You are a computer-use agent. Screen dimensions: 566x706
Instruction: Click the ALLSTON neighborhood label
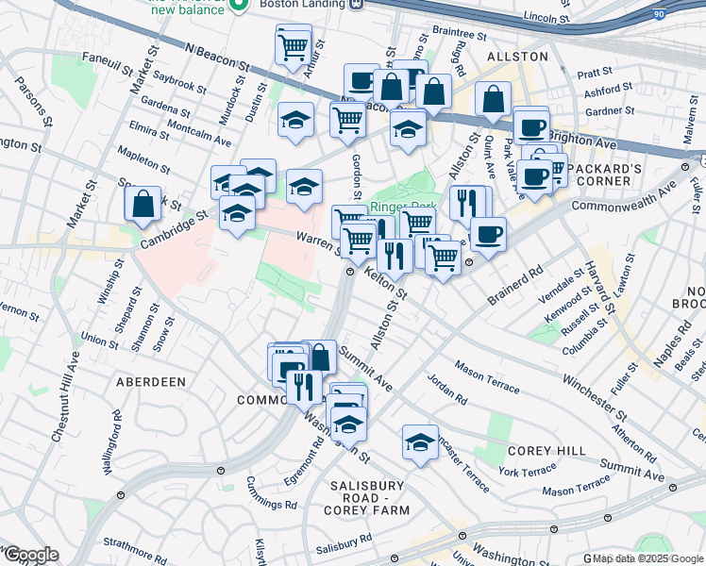(516, 57)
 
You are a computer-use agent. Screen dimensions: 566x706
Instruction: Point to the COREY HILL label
(546, 452)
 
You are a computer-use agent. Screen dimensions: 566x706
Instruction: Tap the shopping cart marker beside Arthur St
(294, 44)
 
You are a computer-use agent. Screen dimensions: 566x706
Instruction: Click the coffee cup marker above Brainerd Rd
(487, 235)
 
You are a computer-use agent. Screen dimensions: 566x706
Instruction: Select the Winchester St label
(594, 396)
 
